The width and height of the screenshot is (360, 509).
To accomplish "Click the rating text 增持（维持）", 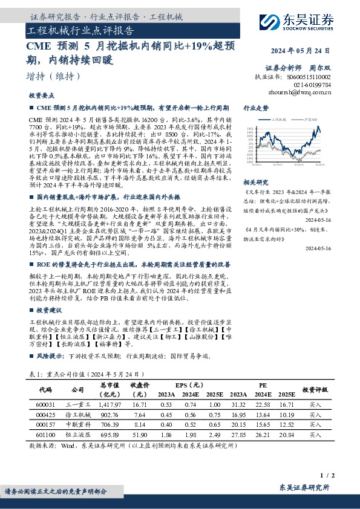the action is (x=54, y=76).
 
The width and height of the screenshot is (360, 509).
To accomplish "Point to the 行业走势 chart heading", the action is (x=255, y=108).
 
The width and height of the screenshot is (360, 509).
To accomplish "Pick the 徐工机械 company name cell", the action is (x=78, y=415).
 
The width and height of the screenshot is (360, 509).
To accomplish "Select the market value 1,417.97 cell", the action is (x=110, y=404).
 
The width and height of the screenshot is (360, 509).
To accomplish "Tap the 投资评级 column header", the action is (x=315, y=390).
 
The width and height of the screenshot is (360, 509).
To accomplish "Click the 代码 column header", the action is (x=45, y=390).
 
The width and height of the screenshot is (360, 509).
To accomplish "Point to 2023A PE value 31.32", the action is (x=238, y=404).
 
